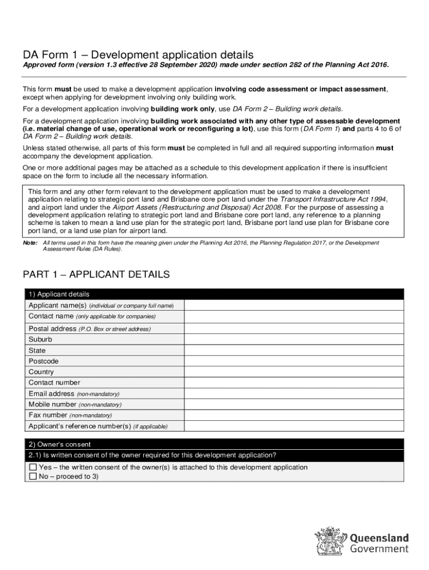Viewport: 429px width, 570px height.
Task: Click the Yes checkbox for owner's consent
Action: [33, 468]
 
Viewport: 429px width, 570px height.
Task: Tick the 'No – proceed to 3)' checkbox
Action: [33, 477]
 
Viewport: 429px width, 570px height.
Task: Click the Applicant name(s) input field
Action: [294, 305]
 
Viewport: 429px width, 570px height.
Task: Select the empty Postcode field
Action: [294, 361]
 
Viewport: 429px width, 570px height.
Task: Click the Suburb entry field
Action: [294, 340]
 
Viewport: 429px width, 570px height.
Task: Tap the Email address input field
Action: [294, 394]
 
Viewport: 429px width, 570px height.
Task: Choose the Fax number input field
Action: [294, 415]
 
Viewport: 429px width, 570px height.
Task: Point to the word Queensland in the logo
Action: [379, 538]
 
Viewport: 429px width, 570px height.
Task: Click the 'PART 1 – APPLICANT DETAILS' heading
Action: [96, 275]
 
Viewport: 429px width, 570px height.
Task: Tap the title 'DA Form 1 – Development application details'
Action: [138, 55]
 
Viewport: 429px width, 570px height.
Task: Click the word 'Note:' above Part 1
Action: [30, 243]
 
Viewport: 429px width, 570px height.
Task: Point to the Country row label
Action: [41, 372]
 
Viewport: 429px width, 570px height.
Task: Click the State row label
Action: [37, 351]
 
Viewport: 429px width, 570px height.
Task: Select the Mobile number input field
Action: [294, 404]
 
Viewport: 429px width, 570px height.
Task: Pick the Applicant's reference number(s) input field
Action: [294, 426]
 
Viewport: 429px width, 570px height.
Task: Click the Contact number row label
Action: [54, 383]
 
